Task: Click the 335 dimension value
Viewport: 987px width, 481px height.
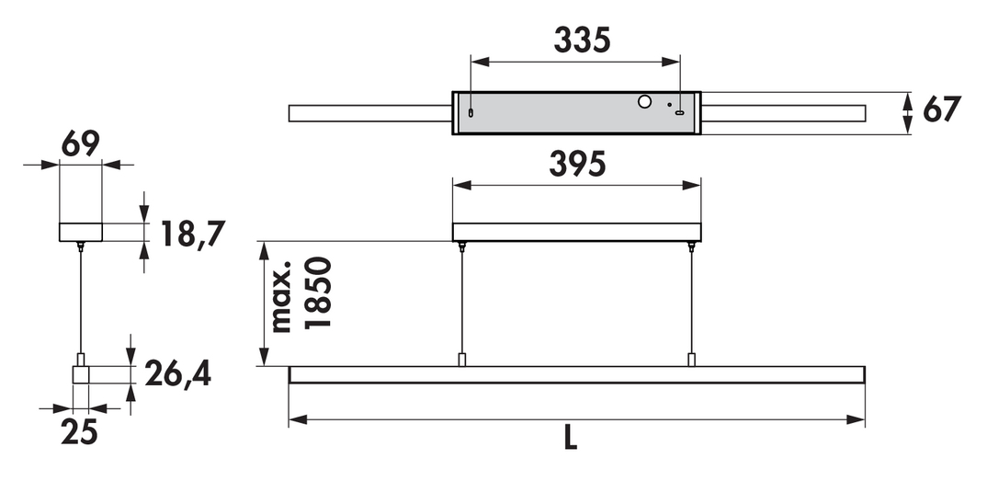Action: tap(582, 40)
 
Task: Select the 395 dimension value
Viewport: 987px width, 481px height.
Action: tap(577, 165)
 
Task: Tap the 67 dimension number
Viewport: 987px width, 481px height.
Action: tap(942, 109)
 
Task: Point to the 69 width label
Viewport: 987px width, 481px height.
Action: tap(81, 144)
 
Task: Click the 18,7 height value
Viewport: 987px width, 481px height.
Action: tap(193, 235)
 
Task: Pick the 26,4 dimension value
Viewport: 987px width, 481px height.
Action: tap(177, 374)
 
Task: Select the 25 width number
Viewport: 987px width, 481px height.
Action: tap(79, 432)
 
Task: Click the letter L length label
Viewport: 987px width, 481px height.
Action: tap(571, 438)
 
